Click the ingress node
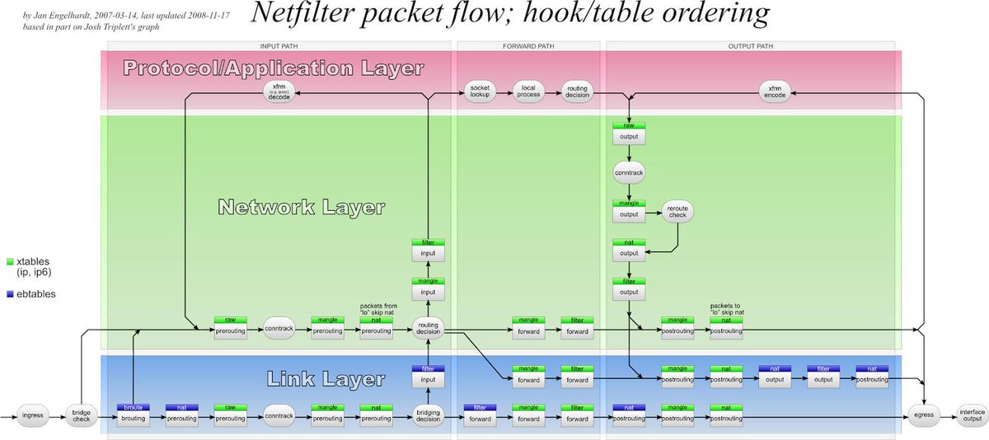coord(34,414)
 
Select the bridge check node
coord(82,414)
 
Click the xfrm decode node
coord(279,93)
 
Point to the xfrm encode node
coord(775,93)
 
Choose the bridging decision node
coord(429,416)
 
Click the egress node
coord(922,414)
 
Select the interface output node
coord(971,414)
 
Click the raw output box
coord(628,133)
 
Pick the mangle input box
coord(429,288)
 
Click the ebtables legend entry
coord(33,293)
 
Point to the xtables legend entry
coord(33,266)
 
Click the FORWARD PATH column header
coord(527,46)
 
